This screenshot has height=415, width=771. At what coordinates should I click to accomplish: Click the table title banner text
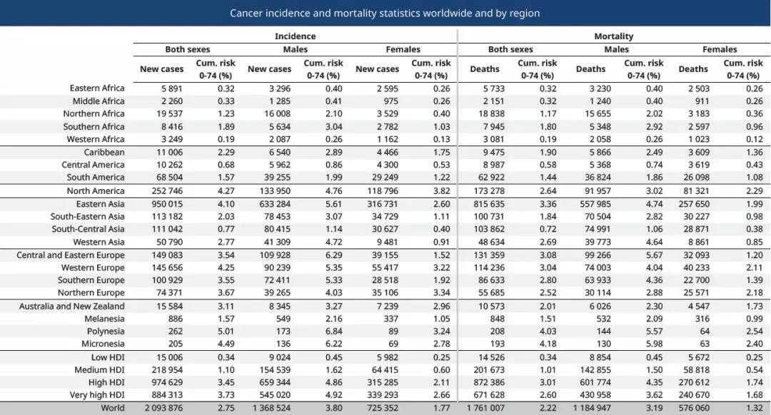(385, 14)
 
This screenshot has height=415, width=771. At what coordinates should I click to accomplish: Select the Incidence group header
(295, 36)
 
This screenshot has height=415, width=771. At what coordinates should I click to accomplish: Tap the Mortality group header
(614, 36)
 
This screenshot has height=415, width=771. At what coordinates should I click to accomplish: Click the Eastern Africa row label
(97, 88)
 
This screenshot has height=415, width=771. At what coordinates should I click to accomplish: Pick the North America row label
(96, 191)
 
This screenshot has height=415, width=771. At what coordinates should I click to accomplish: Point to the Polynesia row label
(105, 332)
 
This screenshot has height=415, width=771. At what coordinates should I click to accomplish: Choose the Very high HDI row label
(97, 395)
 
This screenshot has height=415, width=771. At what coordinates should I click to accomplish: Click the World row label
(113, 408)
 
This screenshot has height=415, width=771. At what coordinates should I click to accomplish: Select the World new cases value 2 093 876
(163, 408)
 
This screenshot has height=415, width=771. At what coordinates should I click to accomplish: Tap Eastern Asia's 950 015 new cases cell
(166, 205)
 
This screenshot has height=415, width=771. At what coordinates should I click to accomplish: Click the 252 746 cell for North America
(166, 191)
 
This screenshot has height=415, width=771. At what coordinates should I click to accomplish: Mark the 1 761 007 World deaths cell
(486, 408)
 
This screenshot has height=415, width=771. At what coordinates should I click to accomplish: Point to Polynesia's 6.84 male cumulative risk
(333, 332)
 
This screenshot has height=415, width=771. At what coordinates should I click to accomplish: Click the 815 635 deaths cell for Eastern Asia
(489, 205)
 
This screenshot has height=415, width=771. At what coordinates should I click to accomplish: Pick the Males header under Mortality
(617, 50)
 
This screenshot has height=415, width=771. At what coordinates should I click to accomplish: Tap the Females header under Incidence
(403, 50)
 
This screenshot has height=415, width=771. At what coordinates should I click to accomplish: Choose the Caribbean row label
(104, 153)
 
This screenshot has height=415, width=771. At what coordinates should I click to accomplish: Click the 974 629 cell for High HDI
(166, 383)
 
